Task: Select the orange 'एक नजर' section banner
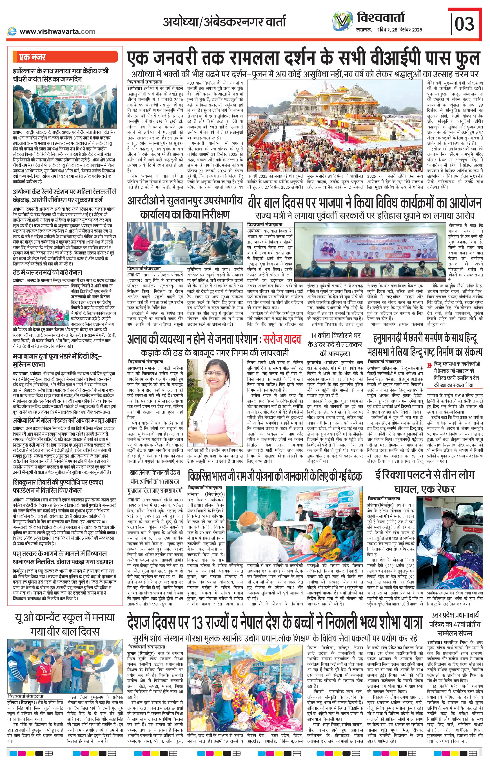(x=65, y=57)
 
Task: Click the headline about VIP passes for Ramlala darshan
(x=303, y=59)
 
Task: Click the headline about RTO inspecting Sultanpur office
(x=184, y=208)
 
